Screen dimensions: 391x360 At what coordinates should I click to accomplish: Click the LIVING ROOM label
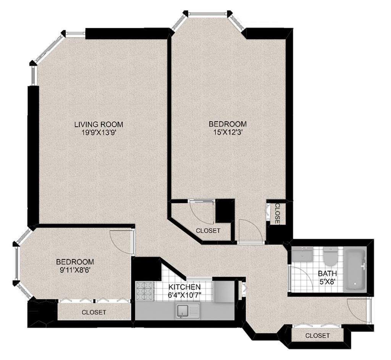pos(99,124)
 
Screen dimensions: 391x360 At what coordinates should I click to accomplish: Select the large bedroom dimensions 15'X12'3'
pos(228,132)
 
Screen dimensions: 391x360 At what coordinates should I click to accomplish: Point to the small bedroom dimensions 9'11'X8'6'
pos(75,270)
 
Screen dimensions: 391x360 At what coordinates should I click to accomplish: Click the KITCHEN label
pos(184,287)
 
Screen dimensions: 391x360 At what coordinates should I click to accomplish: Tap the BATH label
pos(327,273)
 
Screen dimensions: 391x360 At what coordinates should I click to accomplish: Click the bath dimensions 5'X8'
pos(327,281)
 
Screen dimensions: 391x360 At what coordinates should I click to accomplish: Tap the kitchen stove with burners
pos(144,291)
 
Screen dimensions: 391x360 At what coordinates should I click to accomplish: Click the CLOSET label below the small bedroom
pos(94,312)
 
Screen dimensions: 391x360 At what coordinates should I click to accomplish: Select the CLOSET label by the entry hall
pos(317,336)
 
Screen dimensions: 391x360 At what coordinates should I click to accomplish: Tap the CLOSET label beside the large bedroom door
pos(277,213)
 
